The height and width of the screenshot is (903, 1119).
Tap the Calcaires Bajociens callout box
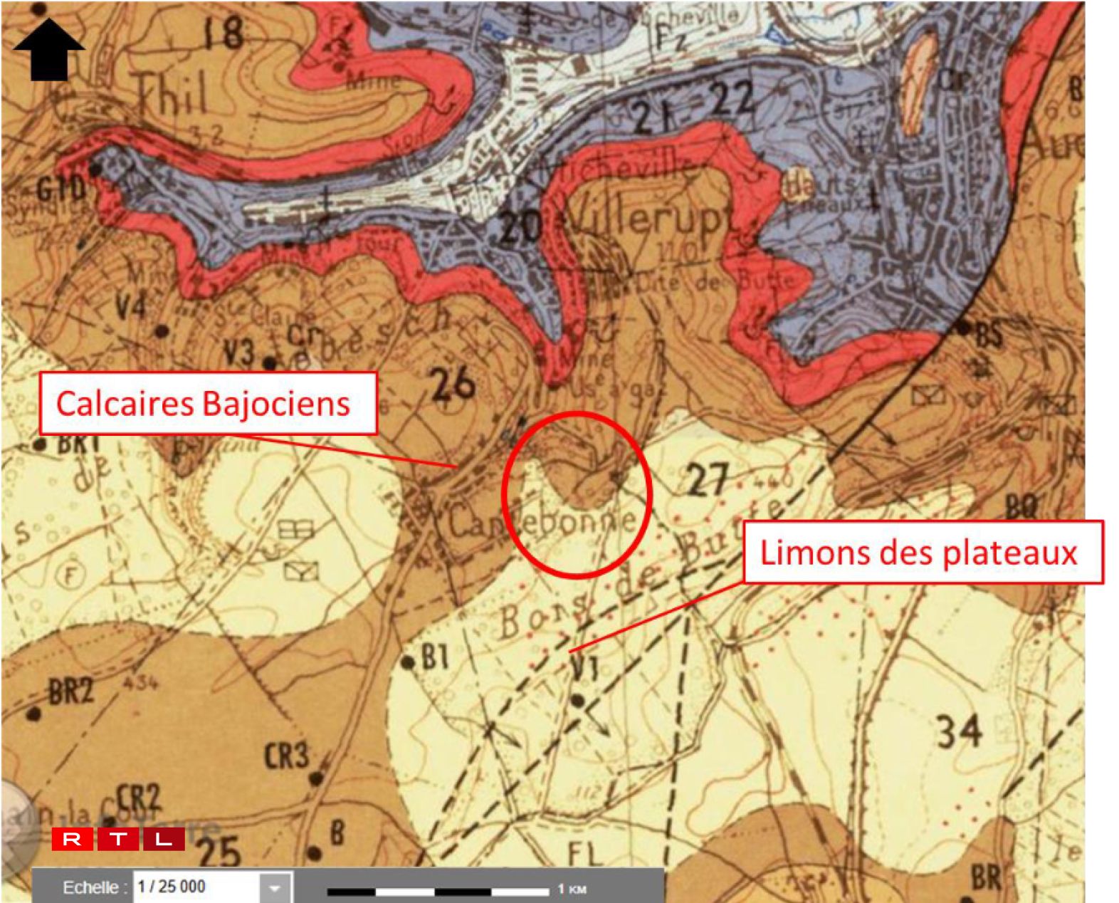[x=207, y=403]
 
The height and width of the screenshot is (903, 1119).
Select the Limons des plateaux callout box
[x=923, y=553]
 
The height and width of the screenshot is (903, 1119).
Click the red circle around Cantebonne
[x=577, y=494]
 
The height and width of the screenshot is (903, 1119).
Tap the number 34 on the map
[x=959, y=731]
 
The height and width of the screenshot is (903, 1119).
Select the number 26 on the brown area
[x=453, y=385]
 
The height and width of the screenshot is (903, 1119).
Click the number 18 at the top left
[x=223, y=32]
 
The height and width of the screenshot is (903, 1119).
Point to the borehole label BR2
[x=70, y=690]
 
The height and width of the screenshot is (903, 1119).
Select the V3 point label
[x=238, y=352]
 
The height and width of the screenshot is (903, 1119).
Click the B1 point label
[x=435, y=657]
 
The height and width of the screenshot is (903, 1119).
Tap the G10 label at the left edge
[x=61, y=189]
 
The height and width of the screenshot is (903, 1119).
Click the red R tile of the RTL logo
[x=72, y=839]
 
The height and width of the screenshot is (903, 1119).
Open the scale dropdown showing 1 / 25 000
[x=275, y=887]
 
